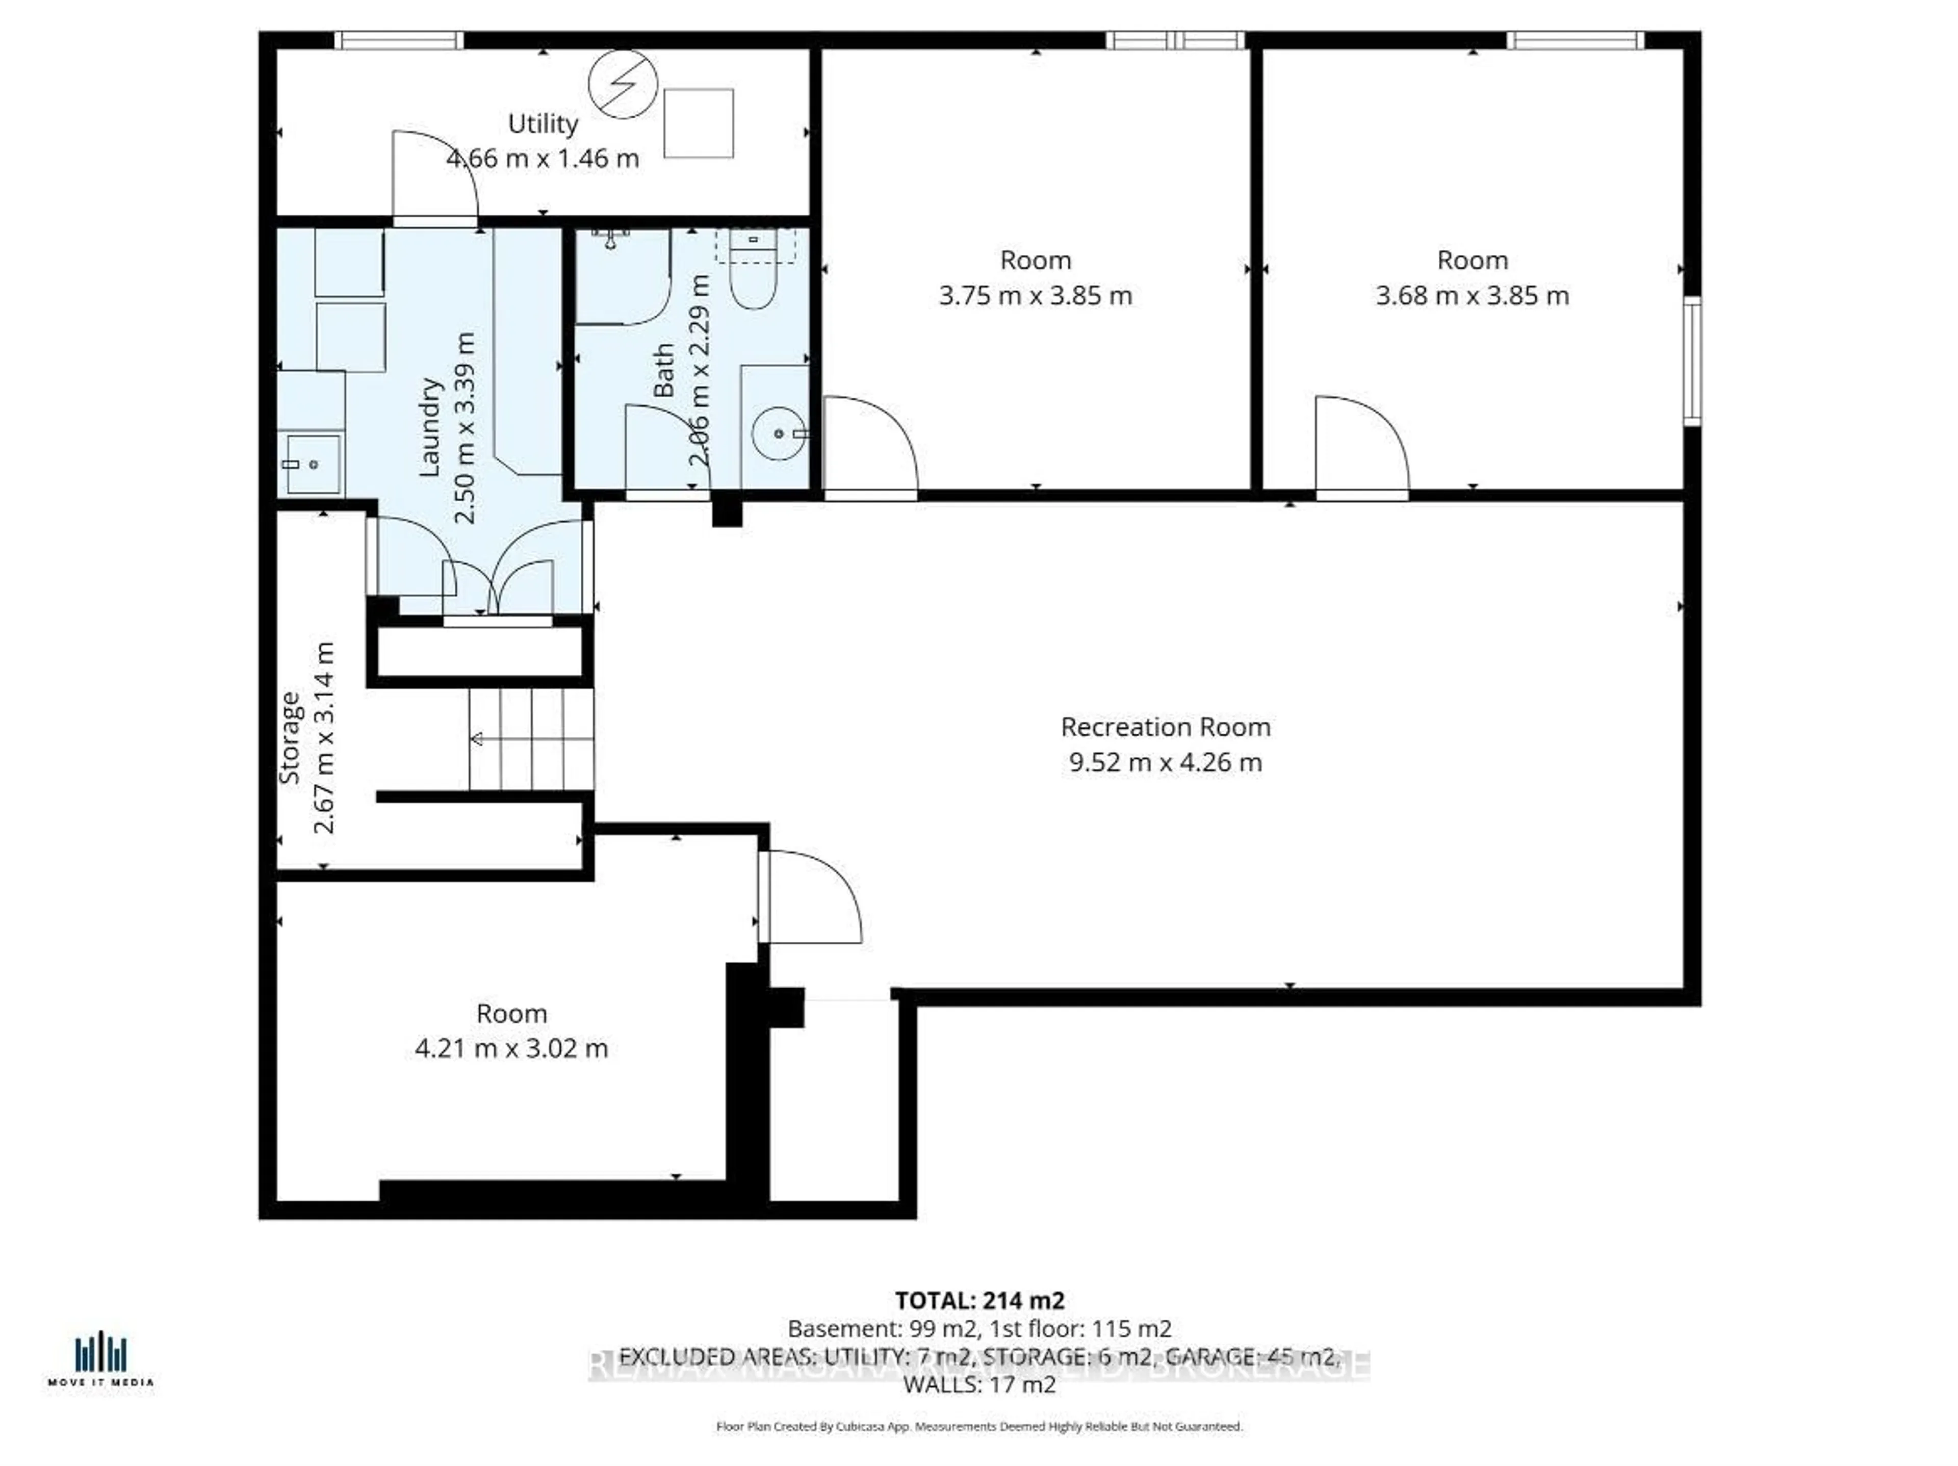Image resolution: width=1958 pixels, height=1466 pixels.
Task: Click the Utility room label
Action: [x=543, y=124]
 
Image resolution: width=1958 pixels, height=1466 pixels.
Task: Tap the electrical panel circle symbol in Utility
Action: [x=624, y=84]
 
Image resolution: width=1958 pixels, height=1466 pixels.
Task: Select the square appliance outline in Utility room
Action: [x=699, y=123]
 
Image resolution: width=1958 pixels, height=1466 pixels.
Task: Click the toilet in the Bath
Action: [x=753, y=281]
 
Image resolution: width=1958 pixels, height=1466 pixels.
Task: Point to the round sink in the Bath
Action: [x=778, y=433]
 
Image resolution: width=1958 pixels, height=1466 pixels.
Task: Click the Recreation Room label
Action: [x=1165, y=727]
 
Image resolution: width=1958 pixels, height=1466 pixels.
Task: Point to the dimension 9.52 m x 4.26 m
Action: [x=1165, y=762]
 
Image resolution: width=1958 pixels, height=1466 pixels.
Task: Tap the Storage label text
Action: [x=290, y=737]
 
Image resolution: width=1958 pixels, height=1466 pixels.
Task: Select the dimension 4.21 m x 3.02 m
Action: [x=511, y=1048]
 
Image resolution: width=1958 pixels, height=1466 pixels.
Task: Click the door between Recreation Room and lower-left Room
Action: [x=810, y=896]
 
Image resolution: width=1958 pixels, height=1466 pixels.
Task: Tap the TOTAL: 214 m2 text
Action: [x=979, y=1300]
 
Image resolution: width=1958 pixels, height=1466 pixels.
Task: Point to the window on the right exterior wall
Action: [x=1691, y=361]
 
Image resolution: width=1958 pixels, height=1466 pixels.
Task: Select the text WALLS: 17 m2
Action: [x=979, y=1384]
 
